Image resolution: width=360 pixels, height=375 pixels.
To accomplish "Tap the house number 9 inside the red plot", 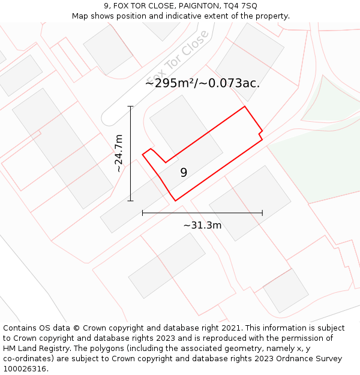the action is point(184,173).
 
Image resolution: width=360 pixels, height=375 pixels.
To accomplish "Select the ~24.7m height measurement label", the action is point(119,154).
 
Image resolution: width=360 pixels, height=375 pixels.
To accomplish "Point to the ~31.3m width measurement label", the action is point(202,226).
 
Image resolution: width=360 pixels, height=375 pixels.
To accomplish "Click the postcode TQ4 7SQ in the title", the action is point(241,6).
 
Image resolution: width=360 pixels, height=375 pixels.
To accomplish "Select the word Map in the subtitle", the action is point(80,16).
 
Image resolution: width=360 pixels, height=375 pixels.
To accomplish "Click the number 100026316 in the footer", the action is point(25,369).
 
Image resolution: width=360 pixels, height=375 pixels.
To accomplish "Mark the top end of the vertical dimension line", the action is point(131,107).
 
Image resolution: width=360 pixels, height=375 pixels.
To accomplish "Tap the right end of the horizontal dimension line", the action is point(262,212).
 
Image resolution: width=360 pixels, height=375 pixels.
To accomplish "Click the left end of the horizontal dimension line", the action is point(143,212).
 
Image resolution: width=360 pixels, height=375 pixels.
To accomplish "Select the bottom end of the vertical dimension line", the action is point(131,201).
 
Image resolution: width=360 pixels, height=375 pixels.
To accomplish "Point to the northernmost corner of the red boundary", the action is point(245,107).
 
